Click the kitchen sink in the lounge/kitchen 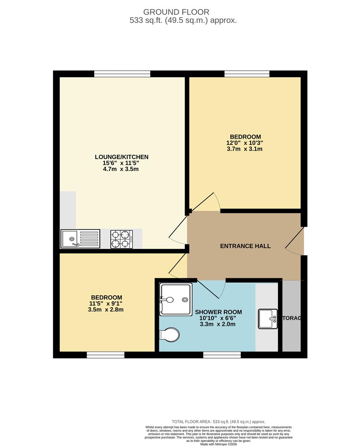point(81,239)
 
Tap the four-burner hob point(121,239)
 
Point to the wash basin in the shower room point(268,319)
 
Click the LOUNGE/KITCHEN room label point(121,157)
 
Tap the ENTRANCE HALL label point(245,246)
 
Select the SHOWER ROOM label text point(218,312)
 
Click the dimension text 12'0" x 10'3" point(245,143)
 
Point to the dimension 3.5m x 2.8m point(106,310)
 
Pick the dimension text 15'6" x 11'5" point(121,163)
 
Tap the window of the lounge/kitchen point(122,74)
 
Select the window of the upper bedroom point(247,74)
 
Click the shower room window point(216,355)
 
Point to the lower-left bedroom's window point(106,355)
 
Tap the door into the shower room point(211,289)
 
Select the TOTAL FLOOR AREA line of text point(218,422)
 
